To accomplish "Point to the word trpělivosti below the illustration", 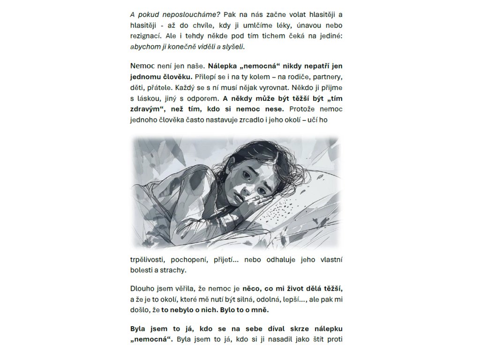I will (x=149, y=259).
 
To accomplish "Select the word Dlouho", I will (x=141, y=289).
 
